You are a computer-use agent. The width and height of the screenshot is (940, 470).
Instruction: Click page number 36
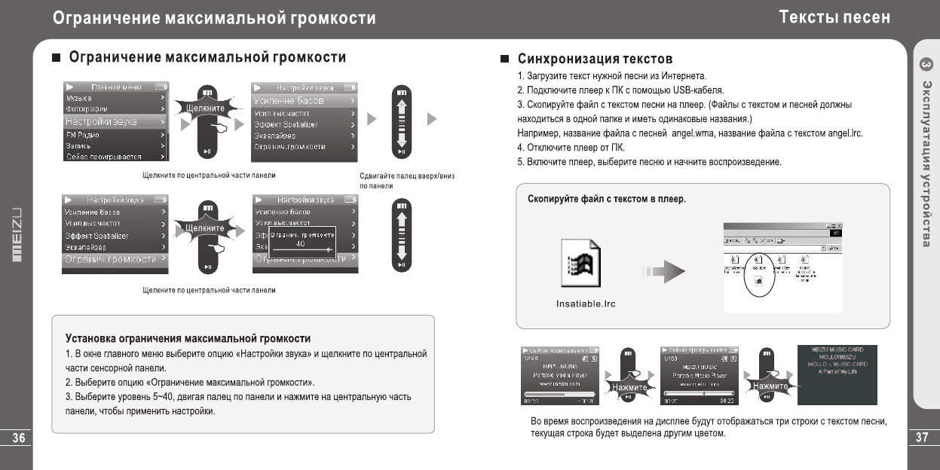[15, 438]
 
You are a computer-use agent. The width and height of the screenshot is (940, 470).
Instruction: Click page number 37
[924, 438]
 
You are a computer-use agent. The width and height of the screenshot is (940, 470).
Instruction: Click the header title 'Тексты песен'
[834, 17]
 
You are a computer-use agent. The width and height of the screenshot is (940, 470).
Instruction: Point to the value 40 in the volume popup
[300, 244]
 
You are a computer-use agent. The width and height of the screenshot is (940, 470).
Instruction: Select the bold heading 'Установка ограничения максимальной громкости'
[188, 338]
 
